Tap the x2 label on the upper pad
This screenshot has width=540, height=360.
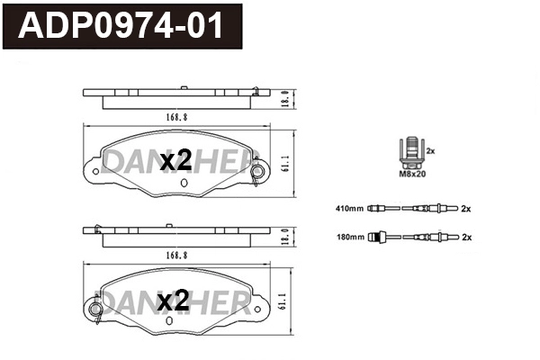click(175, 162)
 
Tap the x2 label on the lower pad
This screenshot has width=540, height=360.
click(173, 301)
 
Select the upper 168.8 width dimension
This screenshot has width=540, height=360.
click(175, 116)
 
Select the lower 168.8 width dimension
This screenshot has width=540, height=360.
click(175, 255)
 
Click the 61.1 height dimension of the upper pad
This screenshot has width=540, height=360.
click(285, 163)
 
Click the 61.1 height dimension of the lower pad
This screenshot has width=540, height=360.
click(285, 301)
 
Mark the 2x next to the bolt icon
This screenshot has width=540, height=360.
click(430, 150)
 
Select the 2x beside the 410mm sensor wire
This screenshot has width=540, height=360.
click(466, 209)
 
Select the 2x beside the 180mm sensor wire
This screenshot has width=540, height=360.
click(466, 238)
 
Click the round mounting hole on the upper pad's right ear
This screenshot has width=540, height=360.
click(258, 171)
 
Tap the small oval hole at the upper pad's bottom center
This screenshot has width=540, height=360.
click(184, 183)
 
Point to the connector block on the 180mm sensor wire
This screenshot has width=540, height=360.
click(381, 238)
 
